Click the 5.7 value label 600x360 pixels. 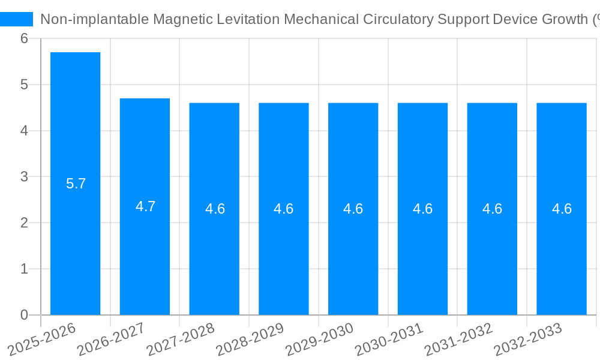point(76,184)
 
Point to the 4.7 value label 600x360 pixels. point(145,206)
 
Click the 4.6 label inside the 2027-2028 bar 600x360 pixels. point(215,209)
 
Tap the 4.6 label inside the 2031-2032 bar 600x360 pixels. point(492,209)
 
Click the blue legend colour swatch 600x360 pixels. point(16,19)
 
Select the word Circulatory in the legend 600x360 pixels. point(398,19)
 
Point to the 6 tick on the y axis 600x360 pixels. point(24,38)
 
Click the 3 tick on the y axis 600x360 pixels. point(24,176)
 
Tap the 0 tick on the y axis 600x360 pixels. point(24,315)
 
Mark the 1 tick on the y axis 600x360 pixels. point(24,269)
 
